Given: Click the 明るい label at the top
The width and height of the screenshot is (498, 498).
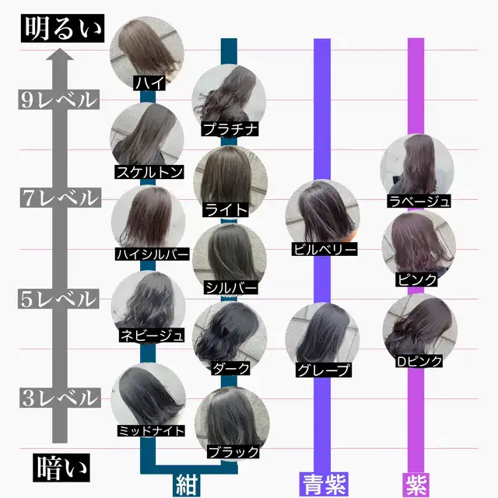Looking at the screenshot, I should [x=62, y=29].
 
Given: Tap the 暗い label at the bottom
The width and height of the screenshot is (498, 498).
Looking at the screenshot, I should [x=62, y=468].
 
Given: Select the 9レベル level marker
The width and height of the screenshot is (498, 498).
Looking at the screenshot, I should [x=58, y=100].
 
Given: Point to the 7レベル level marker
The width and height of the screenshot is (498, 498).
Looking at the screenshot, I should [x=58, y=198].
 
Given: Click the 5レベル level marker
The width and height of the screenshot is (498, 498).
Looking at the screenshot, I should [x=58, y=299].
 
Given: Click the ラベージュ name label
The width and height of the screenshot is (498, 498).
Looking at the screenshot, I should [x=419, y=202].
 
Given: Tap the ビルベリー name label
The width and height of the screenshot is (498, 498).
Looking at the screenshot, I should [x=324, y=250].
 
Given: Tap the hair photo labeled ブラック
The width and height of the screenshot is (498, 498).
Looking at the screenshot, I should [x=230, y=420].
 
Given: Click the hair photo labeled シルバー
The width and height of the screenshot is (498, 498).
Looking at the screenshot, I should [x=230, y=257].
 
